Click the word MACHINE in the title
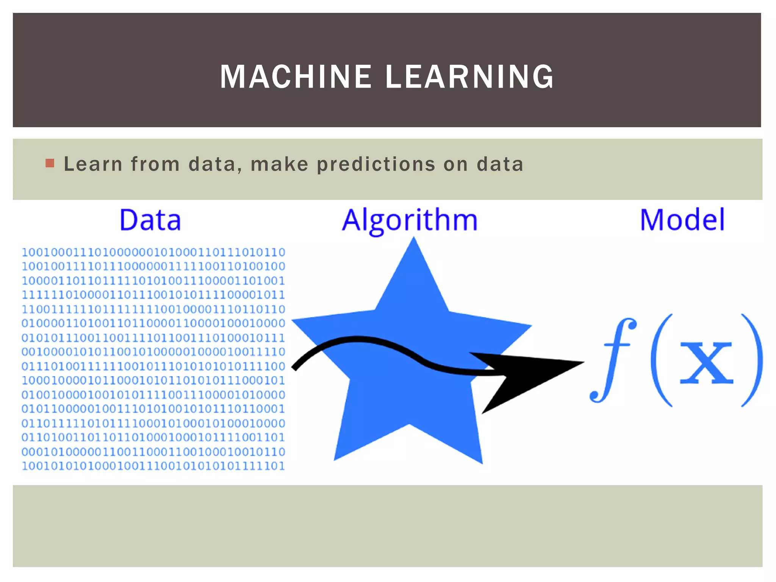[x=296, y=77]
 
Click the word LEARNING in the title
[x=469, y=77]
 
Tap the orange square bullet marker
[x=50, y=163]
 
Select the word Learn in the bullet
[x=93, y=164]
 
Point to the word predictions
[x=376, y=164]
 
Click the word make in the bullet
[x=280, y=164]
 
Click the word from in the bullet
[x=155, y=164]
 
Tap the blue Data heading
[x=150, y=220]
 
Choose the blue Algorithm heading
[x=410, y=221]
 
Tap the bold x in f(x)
[x=706, y=363]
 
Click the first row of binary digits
[x=153, y=252]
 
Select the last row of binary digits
[x=153, y=466]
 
